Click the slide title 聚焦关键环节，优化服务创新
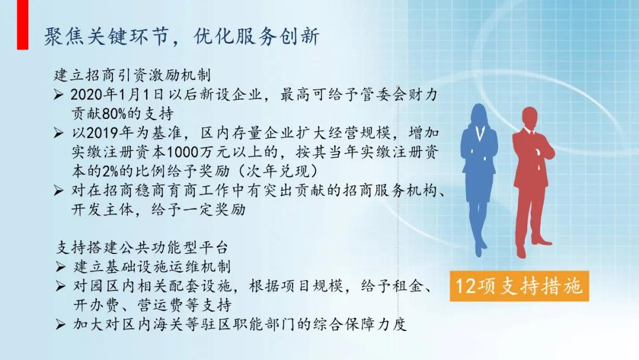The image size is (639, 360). [182, 37]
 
